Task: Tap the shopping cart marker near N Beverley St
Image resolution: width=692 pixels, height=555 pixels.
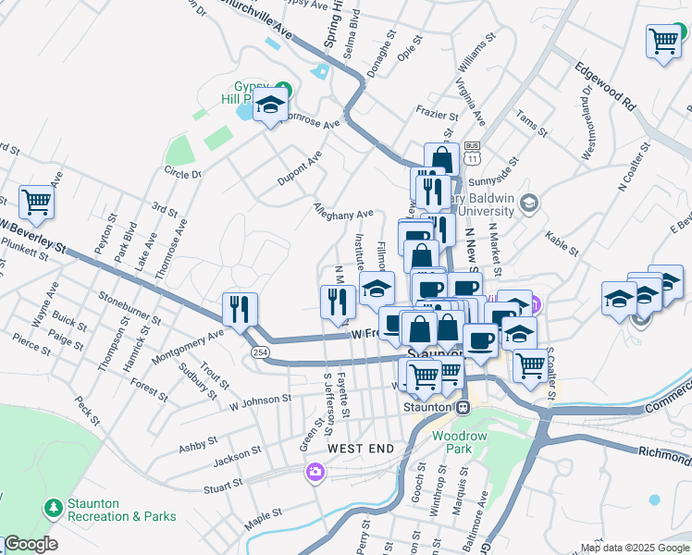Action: (x=36, y=201)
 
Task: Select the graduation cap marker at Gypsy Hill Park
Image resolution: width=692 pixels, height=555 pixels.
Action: (x=269, y=105)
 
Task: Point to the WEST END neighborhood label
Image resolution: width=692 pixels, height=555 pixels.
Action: (x=360, y=448)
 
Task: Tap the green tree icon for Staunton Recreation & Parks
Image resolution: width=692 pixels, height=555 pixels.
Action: (x=53, y=508)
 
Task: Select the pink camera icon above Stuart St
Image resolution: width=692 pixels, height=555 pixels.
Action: (x=315, y=474)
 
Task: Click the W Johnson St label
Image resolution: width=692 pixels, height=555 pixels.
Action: (x=260, y=399)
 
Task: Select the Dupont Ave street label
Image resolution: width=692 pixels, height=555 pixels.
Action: (x=300, y=169)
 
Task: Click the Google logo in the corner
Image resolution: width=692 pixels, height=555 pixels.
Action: (x=30, y=544)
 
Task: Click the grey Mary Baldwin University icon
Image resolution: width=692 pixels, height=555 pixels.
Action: (x=528, y=203)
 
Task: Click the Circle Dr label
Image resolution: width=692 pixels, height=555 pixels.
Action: (x=182, y=173)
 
